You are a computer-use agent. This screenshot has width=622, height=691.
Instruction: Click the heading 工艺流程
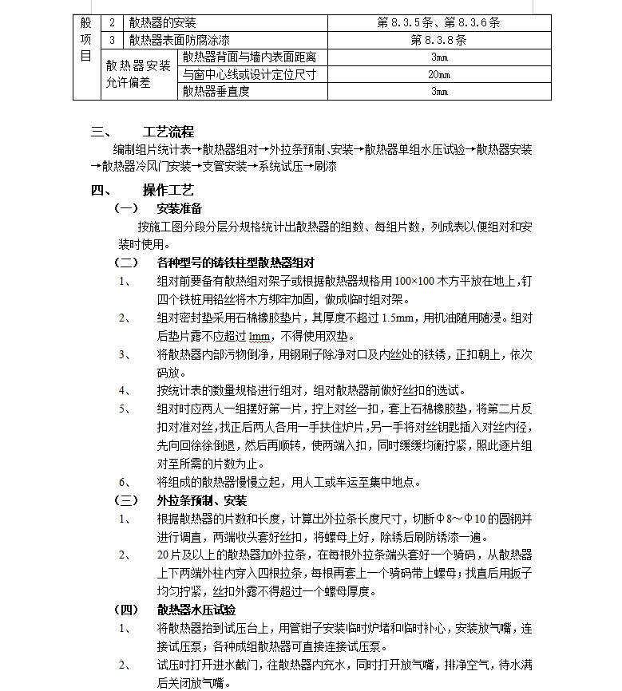coord(168,132)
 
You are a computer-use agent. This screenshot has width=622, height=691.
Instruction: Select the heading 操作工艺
coord(168,191)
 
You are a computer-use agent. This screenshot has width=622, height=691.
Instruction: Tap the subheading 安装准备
coord(180,209)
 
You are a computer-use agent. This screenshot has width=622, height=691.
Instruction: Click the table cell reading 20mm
coord(439,74)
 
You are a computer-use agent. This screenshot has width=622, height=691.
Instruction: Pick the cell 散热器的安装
coord(163,22)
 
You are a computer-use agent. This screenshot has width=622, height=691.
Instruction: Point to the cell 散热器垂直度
coord(216,92)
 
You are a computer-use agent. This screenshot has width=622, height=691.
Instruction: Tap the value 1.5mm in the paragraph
coord(398,318)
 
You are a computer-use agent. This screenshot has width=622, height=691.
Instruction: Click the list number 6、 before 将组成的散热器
coord(125,482)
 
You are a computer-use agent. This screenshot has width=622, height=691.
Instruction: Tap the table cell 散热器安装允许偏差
coord(137,74)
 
